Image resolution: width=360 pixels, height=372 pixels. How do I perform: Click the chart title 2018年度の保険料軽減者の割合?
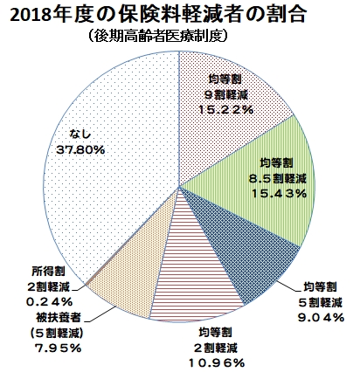[158, 15]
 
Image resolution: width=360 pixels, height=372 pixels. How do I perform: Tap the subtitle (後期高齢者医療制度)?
[157, 37]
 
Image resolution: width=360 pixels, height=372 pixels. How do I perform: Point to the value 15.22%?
[226, 110]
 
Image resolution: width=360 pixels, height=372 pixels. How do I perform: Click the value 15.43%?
[279, 193]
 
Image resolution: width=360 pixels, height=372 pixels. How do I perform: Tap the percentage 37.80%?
[80, 150]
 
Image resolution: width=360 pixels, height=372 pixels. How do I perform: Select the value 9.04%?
[321, 318]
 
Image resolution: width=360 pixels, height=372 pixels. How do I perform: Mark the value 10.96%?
[217, 362]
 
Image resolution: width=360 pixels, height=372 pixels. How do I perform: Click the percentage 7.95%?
[58, 348]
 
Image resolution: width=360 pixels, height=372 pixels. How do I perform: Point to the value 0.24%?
[49, 302]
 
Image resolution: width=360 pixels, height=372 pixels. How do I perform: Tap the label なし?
[80, 135]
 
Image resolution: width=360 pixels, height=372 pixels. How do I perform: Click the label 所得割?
[48, 272]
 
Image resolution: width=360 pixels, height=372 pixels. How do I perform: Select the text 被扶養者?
[59, 317]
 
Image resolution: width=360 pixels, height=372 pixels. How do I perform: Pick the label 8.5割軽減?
[277, 178]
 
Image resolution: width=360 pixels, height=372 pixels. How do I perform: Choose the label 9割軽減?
[226, 94]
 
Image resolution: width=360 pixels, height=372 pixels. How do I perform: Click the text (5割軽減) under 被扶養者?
[57, 333]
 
